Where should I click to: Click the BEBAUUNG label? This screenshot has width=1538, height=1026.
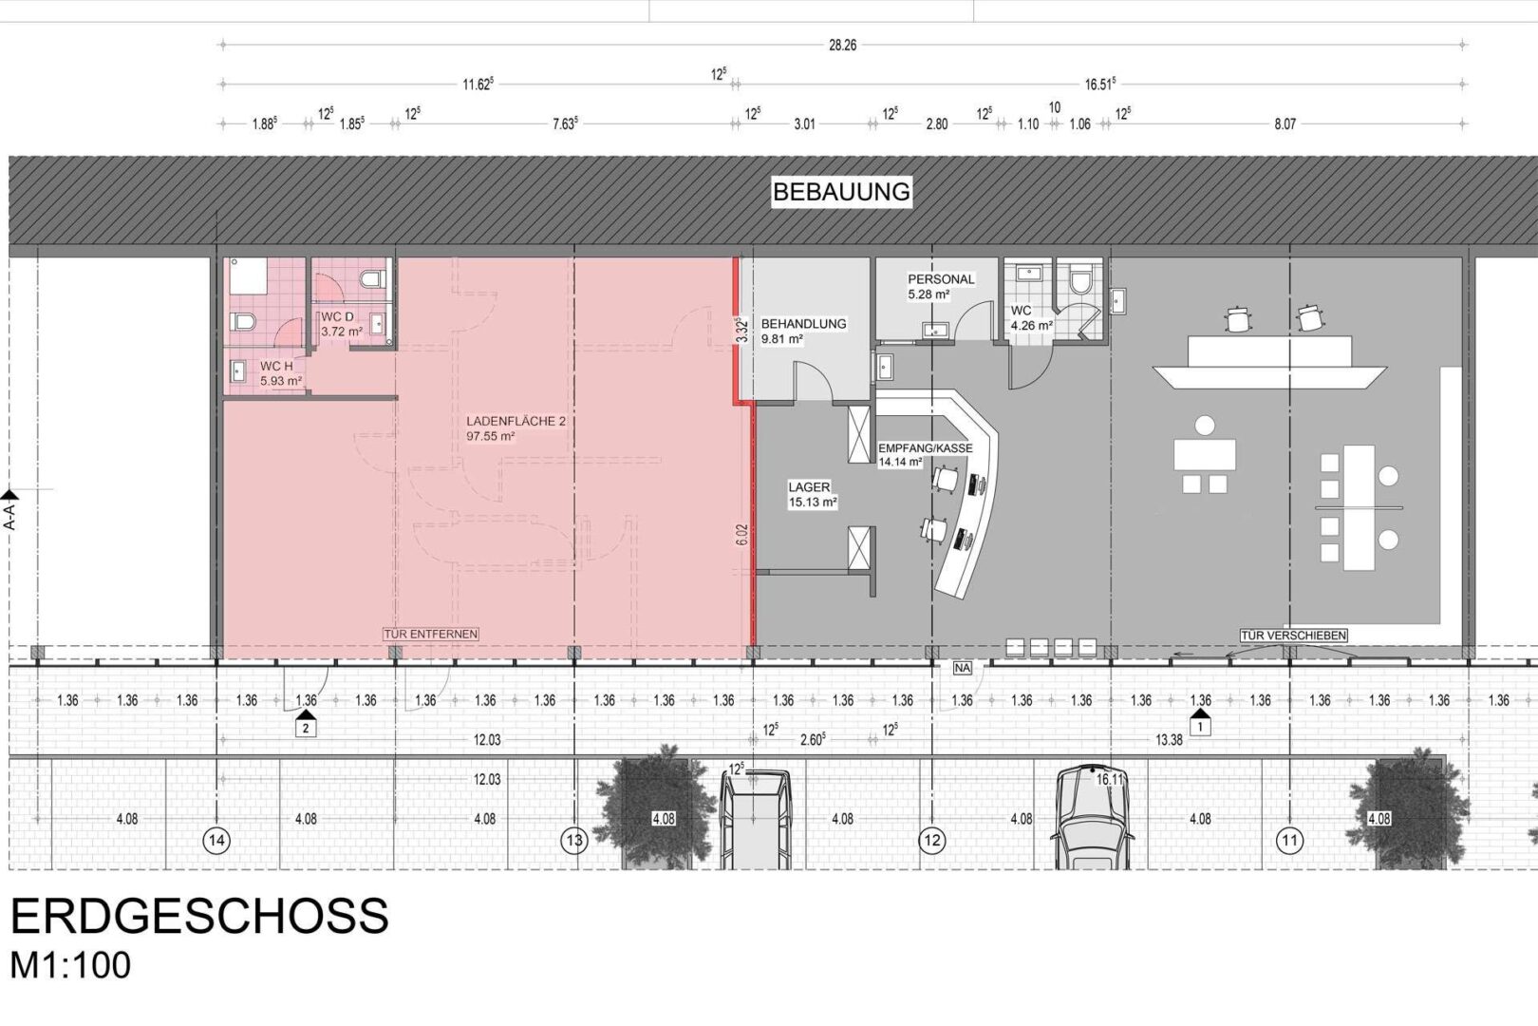point(841,192)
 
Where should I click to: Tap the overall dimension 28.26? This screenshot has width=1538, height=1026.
point(842,45)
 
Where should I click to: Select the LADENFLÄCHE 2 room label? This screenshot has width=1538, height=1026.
point(516,421)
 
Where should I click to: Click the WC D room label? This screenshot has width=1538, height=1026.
point(337,316)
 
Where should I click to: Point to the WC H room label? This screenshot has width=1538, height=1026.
point(276,367)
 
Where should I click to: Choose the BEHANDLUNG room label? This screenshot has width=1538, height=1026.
point(803,324)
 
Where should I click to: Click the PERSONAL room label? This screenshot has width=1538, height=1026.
point(941,279)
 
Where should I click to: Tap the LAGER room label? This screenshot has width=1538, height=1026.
point(809,487)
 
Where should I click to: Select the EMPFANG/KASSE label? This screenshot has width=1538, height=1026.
point(926,448)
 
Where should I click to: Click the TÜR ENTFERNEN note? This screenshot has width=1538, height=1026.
point(430,635)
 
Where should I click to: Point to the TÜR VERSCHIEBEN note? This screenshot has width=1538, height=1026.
point(1293,636)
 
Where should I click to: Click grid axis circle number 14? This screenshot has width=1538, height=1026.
point(217,840)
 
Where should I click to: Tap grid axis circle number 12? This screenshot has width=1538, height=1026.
point(931,840)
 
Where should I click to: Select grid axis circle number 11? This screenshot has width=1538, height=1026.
point(1289,840)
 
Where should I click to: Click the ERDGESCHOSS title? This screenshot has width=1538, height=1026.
point(199,916)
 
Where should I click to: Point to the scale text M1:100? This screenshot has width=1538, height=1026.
point(70,965)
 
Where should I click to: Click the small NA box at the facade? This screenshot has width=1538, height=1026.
point(962,667)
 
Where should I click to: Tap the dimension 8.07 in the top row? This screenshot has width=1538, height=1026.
point(1285,123)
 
